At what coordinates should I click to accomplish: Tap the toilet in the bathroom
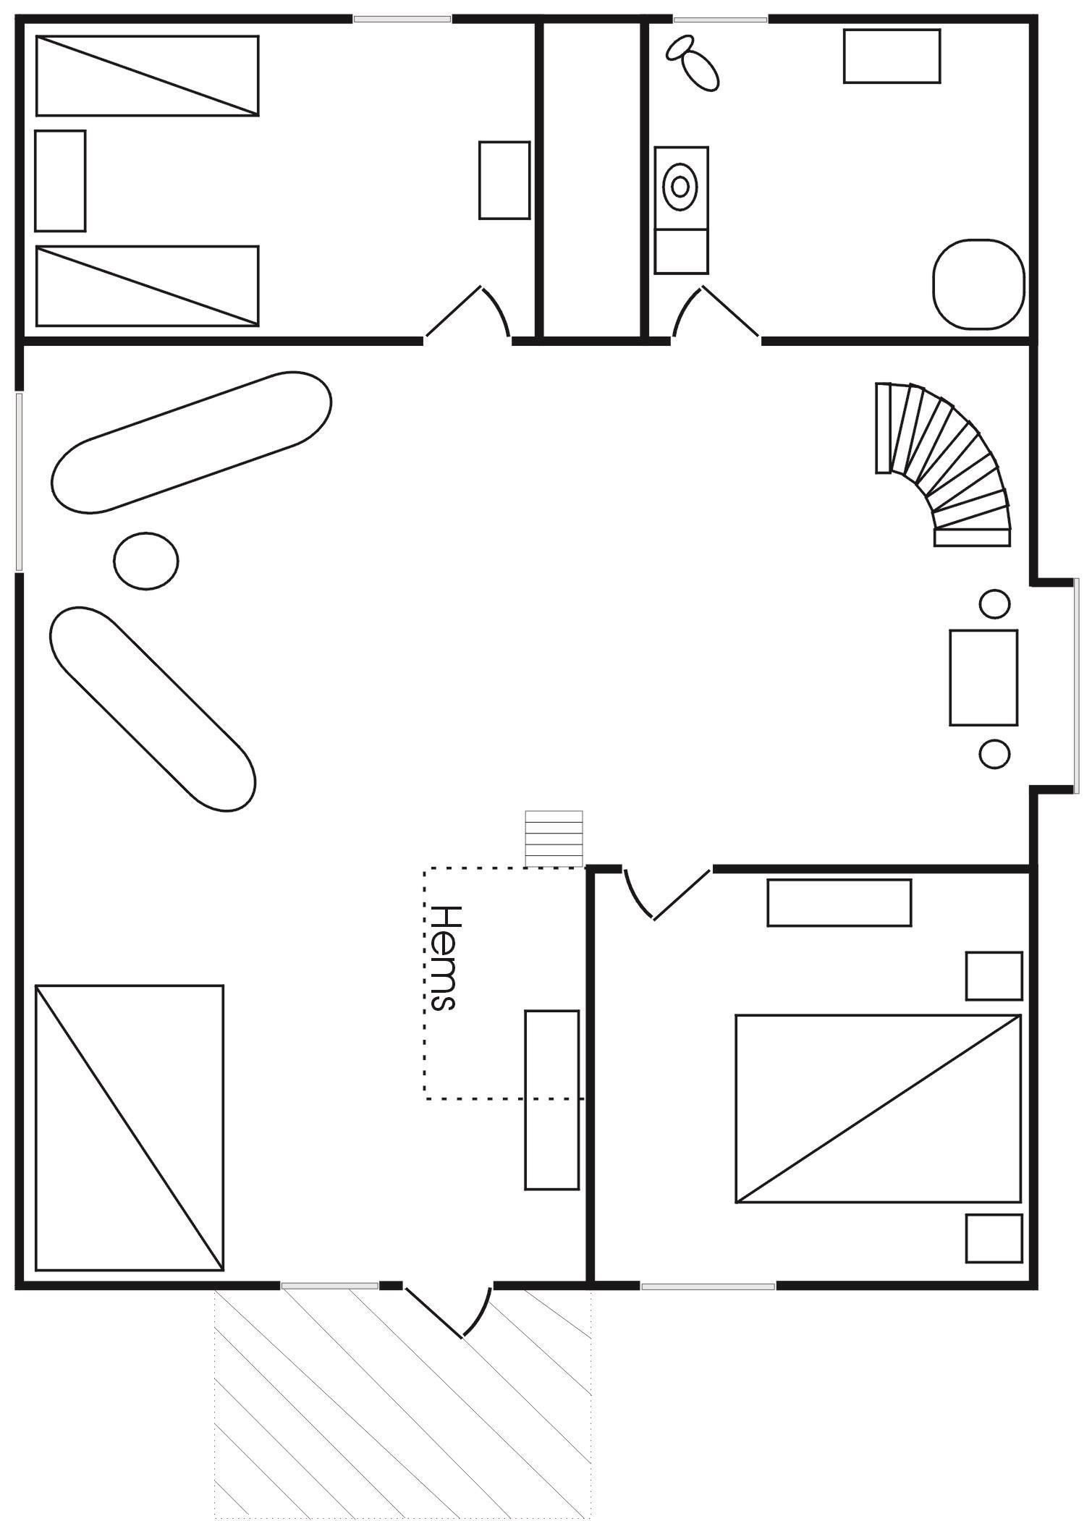pyautogui.click(x=693, y=62)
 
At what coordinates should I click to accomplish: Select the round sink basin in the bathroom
pyautogui.click(x=680, y=187)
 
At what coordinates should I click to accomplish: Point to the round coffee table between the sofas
pyautogui.click(x=145, y=560)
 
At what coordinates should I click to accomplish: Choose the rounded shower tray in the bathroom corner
pyautogui.click(x=978, y=284)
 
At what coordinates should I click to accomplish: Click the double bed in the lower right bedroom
pyautogui.click(x=878, y=1109)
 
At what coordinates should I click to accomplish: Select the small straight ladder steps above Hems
pyautogui.click(x=554, y=839)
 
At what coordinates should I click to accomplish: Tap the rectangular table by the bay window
pyautogui.click(x=983, y=677)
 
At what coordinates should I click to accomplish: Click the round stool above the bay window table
pyautogui.click(x=994, y=603)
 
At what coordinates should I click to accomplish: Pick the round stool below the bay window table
pyautogui.click(x=994, y=753)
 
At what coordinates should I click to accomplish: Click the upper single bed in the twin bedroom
pyautogui.click(x=147, y=75)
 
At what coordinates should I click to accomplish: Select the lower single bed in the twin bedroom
pyautogui.click(x=147, y=286)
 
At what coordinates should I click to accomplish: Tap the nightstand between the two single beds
pyautogui.click(x=60, y=181)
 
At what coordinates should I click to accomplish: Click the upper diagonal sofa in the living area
pyautogui.click(x=192, y=442)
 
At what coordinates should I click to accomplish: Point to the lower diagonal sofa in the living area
pyautogui.click(x=153, y=708)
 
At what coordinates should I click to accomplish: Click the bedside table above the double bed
pyautogui.click(x=994, y=976)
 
